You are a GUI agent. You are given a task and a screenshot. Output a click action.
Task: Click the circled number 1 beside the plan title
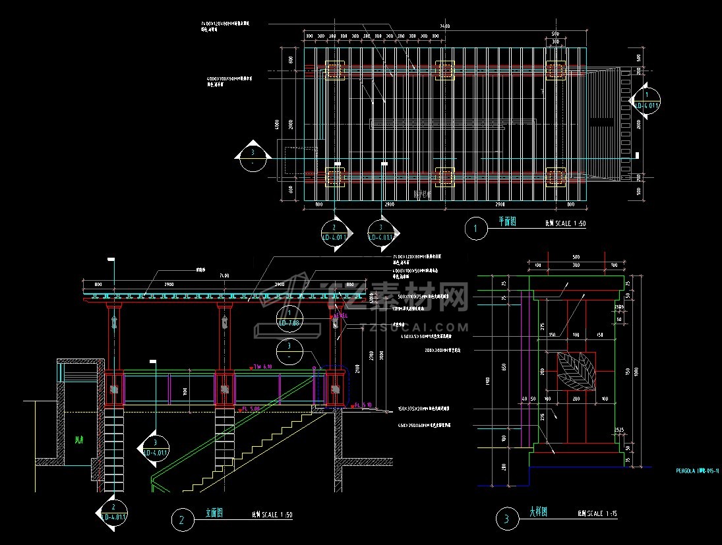coord(475,229)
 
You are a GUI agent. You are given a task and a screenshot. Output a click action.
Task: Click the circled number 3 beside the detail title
coord(506,519)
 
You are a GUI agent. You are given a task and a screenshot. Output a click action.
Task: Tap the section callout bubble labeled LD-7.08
coord(289,318)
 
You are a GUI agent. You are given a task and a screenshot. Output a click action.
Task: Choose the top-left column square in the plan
coord(334,71)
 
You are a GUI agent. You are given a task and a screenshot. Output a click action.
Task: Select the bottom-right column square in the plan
coord(556,176)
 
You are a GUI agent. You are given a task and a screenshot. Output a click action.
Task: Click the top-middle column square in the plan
coord(445,71)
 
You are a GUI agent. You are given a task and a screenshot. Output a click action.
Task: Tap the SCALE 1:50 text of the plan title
coord(565,224)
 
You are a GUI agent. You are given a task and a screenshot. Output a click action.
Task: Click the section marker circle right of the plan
coord(646,101)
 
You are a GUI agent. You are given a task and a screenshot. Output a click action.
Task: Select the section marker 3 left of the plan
coord(253,156)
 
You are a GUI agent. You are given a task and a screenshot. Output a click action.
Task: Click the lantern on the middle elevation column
coord(225,322)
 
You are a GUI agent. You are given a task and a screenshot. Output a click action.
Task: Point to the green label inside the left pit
coord(79,440)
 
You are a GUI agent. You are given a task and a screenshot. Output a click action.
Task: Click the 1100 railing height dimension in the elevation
coord(185,391)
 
